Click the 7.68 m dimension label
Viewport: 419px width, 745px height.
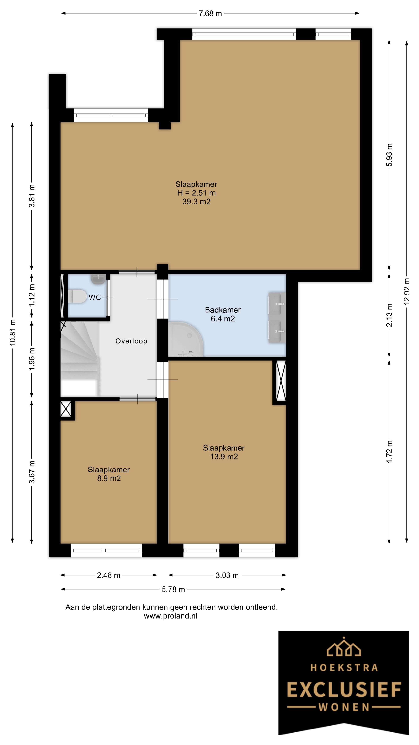[210, 14]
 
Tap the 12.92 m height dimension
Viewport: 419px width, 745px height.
[407, 291]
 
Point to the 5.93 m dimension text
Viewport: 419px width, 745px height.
[390, 155]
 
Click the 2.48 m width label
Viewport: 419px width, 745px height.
[108, 575]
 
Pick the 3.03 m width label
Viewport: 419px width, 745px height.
[227, 575]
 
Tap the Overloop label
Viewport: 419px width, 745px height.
[131, 341]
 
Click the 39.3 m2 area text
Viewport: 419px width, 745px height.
[196, 202]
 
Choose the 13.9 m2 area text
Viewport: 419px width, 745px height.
[224, 457]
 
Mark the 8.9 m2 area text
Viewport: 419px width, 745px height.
[109, 478]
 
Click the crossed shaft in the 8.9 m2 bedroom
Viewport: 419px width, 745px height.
[66, 409]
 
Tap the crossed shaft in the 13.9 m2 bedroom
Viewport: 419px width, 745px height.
[281, 381]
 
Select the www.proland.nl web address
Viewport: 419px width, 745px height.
[171, 616]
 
